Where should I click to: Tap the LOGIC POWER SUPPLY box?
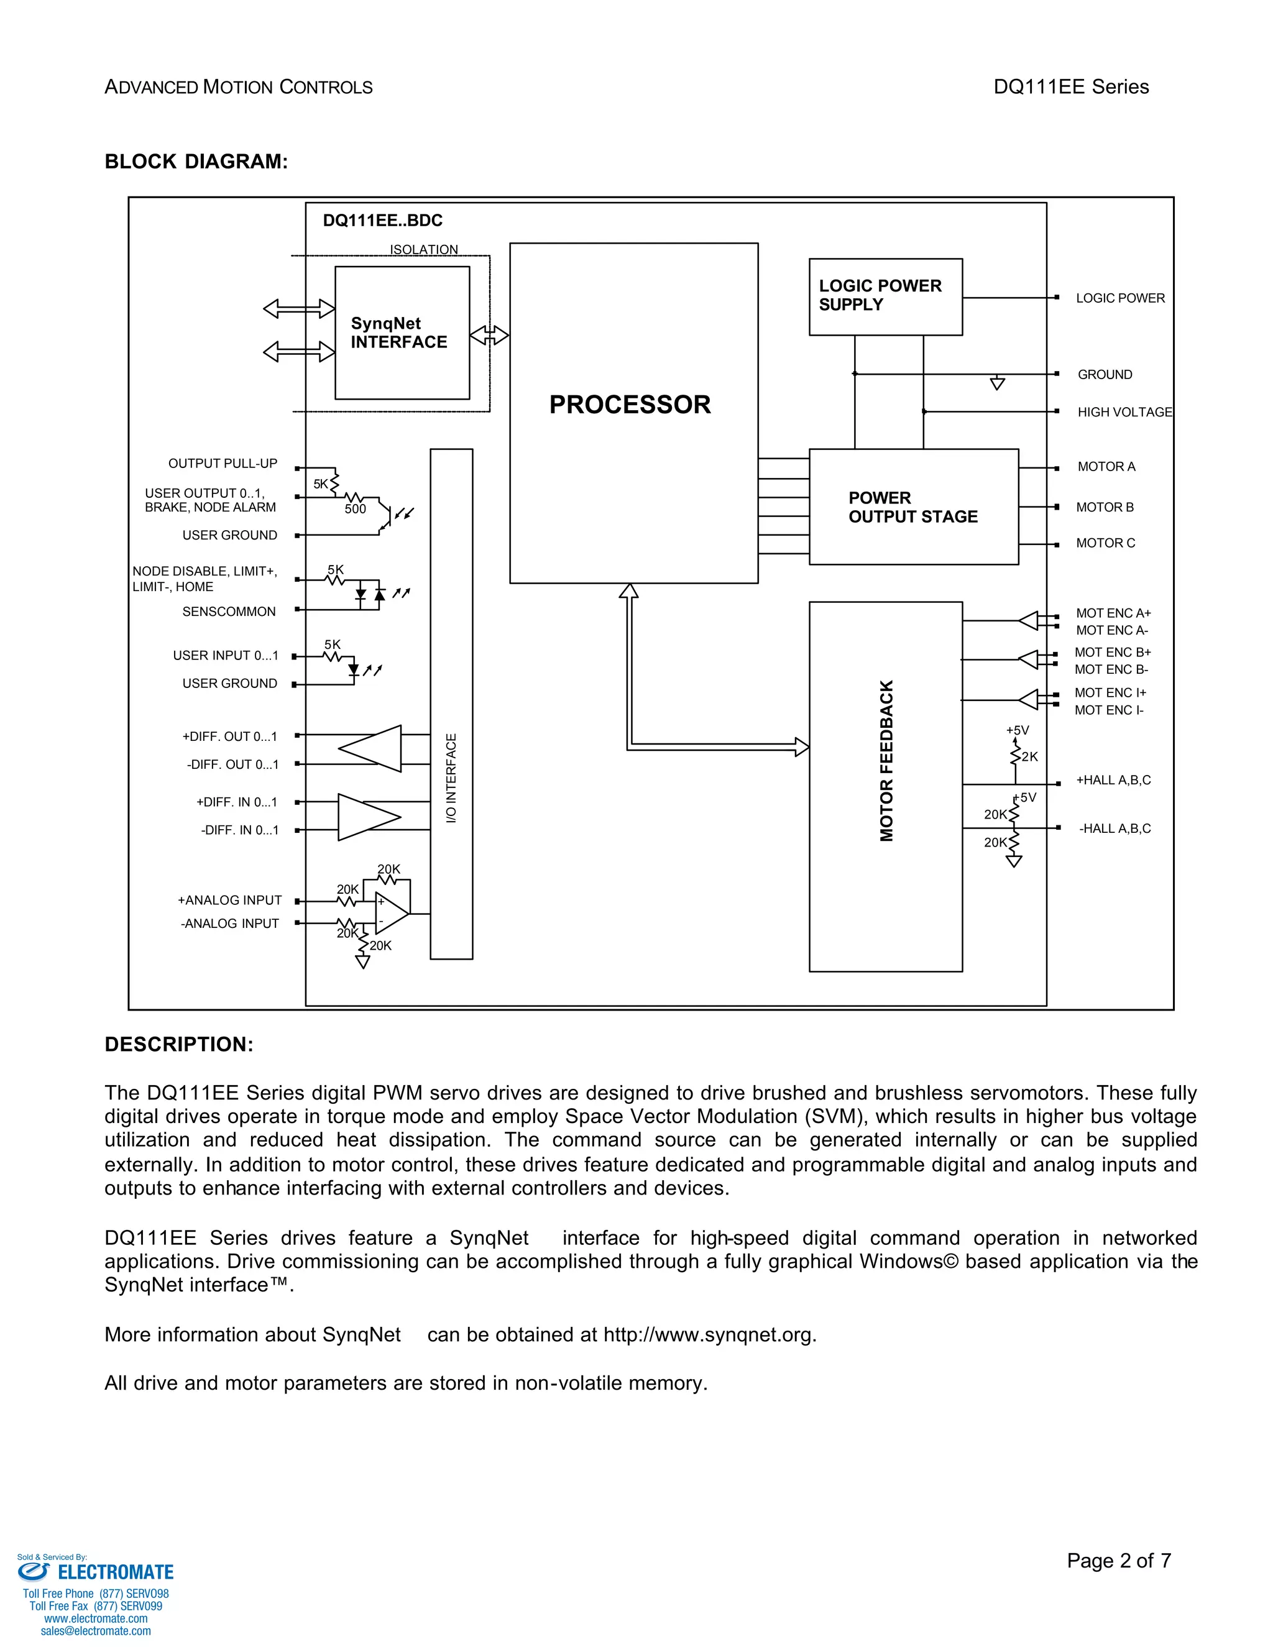point(885,296)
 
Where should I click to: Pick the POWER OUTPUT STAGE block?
point(912,507)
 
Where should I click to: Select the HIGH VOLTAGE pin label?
point(1124,411)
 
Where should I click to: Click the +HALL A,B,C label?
point(1113,780)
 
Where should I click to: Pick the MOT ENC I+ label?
point(1110,692)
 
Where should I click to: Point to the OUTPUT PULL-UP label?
point(223,463)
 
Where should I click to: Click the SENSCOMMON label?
point(229,612)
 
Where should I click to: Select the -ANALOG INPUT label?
point(229,923)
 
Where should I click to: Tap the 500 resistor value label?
point(355,509)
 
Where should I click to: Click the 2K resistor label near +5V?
point(1029,756)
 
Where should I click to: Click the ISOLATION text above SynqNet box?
point(423,250)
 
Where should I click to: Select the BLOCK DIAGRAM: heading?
point(196,162)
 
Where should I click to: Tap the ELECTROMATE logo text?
point(116,1572)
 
